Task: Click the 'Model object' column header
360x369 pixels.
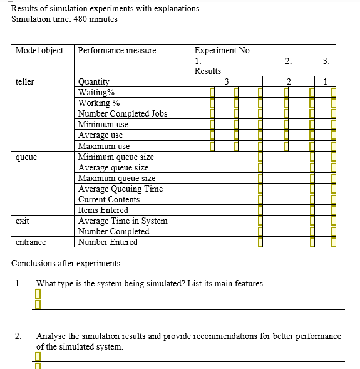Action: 39,51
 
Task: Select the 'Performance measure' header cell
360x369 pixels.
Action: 117,51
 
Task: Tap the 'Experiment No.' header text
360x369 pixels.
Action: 223,51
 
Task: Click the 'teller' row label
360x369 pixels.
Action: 25,82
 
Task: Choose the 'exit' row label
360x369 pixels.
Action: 23,221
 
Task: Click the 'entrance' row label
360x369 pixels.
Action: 31,242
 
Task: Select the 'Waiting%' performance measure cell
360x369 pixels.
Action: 96,93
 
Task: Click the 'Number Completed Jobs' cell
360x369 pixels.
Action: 122,114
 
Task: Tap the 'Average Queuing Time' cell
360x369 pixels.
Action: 120,189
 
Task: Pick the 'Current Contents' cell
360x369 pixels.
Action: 109,199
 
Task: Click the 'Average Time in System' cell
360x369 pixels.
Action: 123,221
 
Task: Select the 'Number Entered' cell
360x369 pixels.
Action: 108,242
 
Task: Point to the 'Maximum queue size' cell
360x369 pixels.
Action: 116,179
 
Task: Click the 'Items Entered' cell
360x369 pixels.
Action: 103,210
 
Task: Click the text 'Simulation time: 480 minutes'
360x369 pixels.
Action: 64,19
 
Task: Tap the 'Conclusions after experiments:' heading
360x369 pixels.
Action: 67,263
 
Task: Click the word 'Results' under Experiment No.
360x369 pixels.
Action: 207,71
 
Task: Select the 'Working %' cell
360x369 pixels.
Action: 99,103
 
